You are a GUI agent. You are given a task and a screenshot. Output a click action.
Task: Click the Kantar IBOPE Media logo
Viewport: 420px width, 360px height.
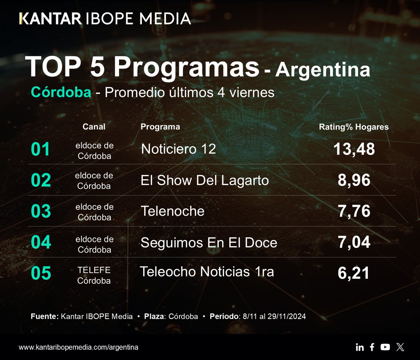point(105,18)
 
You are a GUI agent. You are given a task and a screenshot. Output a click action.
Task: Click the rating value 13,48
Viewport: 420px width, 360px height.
point(354,150)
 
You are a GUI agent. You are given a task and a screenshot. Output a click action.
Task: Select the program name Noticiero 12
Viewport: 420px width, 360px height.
point(178,150)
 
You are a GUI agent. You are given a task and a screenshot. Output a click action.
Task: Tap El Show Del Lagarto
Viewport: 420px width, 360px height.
point(204,180)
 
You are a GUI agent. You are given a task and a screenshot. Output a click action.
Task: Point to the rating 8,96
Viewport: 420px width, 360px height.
point(354,180)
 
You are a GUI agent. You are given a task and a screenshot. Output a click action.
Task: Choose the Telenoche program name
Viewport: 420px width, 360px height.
point(172,211)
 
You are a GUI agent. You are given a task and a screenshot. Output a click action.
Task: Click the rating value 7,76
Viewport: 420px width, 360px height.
point(354,212)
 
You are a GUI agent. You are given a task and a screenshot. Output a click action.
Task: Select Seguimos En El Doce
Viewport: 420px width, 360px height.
point(209,243)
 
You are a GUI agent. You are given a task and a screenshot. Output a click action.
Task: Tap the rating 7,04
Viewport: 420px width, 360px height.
point(354,243)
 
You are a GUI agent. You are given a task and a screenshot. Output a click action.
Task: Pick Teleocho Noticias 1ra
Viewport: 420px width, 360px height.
point(206,272)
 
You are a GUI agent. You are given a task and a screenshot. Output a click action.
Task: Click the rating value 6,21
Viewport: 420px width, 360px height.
point(354,273)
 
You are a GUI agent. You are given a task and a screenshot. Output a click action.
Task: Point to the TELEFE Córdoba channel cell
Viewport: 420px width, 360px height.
point(94,275)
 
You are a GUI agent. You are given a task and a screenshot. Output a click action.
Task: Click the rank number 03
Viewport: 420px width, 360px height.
point(41,212)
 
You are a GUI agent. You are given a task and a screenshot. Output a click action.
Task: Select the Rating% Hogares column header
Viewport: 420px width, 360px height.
point(353,127)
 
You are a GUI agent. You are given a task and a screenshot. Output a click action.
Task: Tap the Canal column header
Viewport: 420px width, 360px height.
point(94,127)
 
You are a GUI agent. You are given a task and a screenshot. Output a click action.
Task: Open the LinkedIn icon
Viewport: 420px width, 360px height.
point(359,347)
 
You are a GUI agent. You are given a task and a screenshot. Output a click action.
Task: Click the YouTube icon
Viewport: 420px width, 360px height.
point(385,347)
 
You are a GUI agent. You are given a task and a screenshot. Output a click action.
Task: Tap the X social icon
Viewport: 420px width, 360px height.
point(400,347)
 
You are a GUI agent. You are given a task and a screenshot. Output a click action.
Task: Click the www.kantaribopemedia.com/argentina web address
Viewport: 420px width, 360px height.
point(78,347)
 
